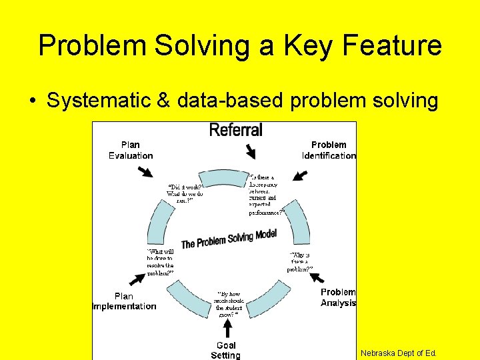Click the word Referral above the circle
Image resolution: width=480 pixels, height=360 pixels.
click(236, 129)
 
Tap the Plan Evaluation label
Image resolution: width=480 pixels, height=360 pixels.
click(131, 150)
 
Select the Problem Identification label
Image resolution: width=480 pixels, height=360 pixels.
click(329, 150)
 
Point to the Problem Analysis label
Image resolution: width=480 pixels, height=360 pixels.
click(338, 297)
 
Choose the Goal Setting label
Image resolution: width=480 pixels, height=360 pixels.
click(225, 350)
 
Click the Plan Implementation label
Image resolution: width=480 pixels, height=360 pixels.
click(124, 301)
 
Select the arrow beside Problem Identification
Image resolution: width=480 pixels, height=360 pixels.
click(300, 176)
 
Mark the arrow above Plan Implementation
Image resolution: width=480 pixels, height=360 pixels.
click(137, 275)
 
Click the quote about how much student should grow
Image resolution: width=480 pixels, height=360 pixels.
click(229, 303)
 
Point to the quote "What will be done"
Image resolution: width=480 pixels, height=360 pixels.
click(160, 262)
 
